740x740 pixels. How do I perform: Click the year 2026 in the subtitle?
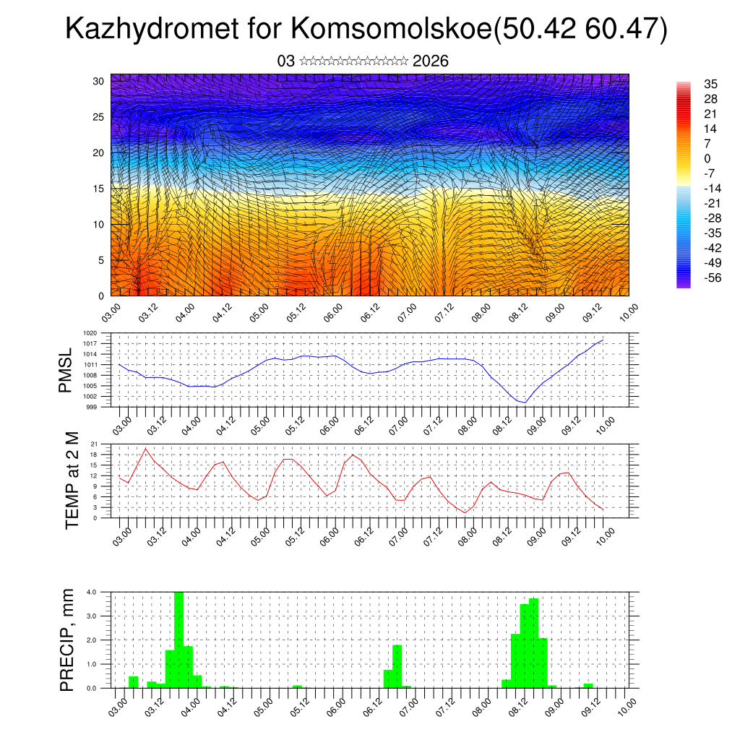click(x=431, y=61)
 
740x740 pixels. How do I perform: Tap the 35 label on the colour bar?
click(x=711, y=85)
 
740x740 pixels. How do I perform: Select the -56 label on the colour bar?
click(x=711, y=277)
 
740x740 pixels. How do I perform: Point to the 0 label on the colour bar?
click(x=707, y=158)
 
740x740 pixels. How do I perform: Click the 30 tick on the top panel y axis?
click(x=100, y=81)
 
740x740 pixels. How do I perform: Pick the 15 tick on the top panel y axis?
click(x=100, y=189)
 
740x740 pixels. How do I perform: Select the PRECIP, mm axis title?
click(x=67, y=639)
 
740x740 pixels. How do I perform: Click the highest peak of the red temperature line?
click(x=146, y=449)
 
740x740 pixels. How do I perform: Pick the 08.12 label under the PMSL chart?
click(x=502, y=426)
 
